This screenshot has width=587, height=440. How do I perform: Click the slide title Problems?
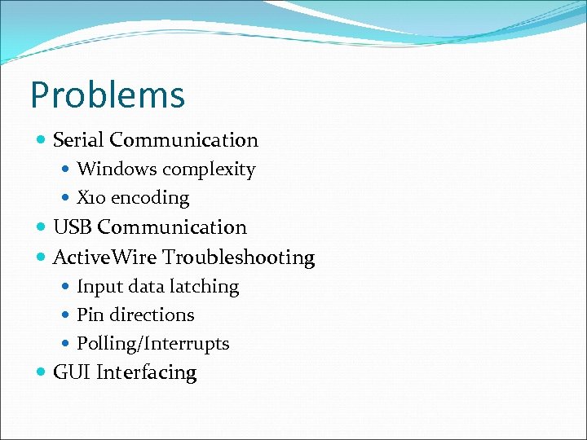(x=108, y=95)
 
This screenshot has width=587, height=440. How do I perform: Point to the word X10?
(x=91, y=198)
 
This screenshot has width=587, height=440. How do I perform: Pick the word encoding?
(x=150, y=198)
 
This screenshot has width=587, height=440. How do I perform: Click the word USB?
(x=72, y=227)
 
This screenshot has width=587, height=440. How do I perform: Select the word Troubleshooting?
(x=238, y=257)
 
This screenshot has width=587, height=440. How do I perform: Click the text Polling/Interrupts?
(x=152, y=344)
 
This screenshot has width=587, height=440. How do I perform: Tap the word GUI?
(x=71, y=373)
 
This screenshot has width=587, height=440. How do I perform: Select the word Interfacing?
(x=147, y=373)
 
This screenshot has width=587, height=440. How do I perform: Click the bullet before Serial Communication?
(x=42, y=140)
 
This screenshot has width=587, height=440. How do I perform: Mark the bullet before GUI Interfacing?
(x=42, y=373)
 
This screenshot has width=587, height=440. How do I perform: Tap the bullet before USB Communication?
(x=42, y=227)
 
